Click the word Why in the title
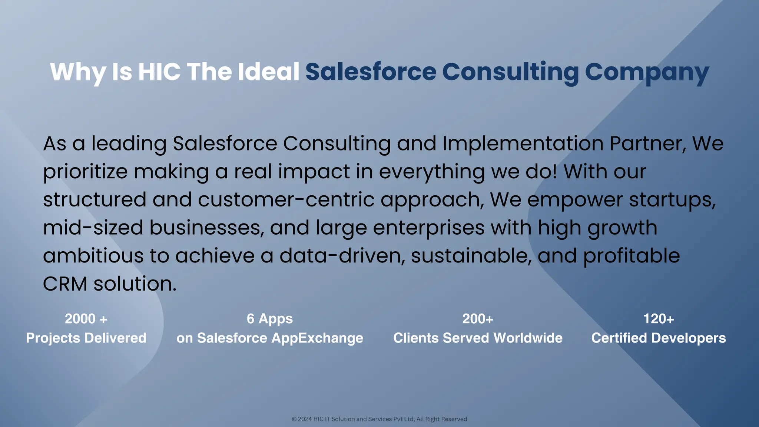pos(78,72)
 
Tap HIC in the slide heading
pos(159,71)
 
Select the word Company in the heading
pos(647,72)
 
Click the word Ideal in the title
pos(268,71)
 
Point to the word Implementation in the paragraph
pos(523,144)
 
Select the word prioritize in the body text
pos(85,172)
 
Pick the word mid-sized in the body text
pos(93,228)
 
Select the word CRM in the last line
pos(65,284)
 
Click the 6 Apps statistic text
pos(270,319)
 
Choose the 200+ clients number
pos(478,319)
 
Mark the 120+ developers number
pos(659,319)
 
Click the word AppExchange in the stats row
pos(317,338)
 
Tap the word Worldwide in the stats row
pos(528,338)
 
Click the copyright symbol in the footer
pos(294,419)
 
